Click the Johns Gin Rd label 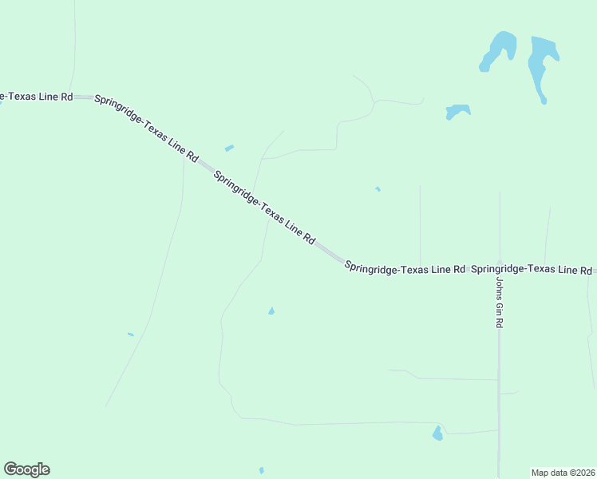(500, 303)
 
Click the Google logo (26, 469)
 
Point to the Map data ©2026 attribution (563, 472)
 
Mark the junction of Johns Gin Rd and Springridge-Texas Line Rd (500, 271)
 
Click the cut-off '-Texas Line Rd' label (37, 97)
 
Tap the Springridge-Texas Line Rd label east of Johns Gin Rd (532, 270)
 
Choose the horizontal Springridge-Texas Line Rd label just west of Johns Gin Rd (405, 269)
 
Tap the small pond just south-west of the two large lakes (457, 111)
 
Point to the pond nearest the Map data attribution (437, 433)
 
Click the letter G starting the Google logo (10, 469)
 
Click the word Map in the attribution (540, 472)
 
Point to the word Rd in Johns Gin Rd (500, 323)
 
